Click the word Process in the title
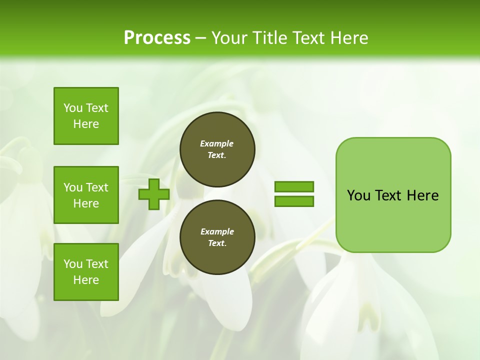point(157,38)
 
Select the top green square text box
point(86,116)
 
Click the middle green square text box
point(86,195)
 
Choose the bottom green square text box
point(86,272)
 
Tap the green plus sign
point(154,194)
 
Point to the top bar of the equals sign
point(294,186)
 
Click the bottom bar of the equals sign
point(294,201)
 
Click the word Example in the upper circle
point(217,143)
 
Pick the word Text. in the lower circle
point(217,243)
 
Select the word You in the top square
point(73,108)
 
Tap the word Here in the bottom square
point(86,280)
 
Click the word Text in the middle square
point(97,187)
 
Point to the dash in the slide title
point(201,38)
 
